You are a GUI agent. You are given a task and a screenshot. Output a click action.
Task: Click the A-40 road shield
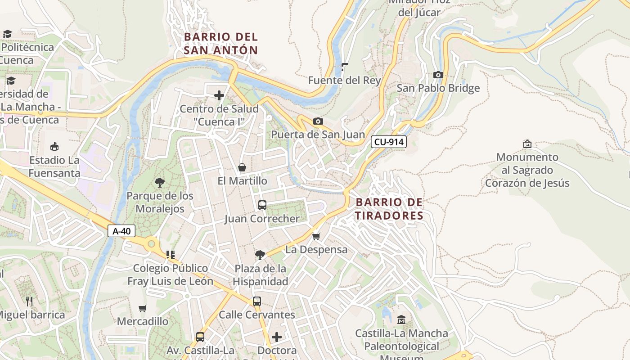121,231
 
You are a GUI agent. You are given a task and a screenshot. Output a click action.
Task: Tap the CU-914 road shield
389,142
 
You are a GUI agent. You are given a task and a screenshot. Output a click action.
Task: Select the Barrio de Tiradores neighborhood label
389,209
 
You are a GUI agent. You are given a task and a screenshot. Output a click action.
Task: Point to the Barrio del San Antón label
221,43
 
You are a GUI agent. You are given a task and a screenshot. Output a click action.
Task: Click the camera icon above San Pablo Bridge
438,75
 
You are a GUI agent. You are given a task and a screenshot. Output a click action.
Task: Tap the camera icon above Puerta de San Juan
318,121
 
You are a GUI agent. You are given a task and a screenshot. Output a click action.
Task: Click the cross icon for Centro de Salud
219,95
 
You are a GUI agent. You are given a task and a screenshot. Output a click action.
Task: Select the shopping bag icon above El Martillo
242,167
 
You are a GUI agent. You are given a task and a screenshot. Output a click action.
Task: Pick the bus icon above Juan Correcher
262,205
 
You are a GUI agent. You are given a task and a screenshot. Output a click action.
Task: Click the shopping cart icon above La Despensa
316,236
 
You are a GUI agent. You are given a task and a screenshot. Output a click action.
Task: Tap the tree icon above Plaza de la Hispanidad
260,255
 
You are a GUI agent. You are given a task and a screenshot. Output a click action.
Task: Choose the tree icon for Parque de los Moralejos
159,182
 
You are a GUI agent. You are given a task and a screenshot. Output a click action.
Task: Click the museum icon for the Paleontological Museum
401,320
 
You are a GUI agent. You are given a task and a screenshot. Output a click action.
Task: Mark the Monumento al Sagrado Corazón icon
527,144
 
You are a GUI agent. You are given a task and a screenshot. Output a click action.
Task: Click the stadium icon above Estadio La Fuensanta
54,146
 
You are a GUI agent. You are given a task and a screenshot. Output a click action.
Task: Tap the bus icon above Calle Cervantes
256,301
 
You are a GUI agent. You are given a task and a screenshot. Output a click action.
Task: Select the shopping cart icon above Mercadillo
143,308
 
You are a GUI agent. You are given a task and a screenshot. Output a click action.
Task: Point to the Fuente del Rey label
344,81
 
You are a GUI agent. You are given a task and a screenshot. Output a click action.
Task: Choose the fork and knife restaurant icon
29,301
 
